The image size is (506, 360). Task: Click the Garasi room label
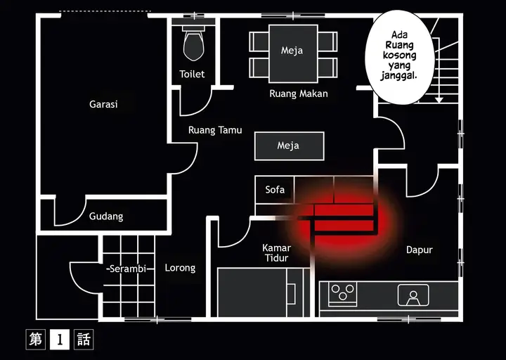click(103, 104)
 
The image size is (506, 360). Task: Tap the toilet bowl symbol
click(192, 46)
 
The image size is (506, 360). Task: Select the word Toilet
click(192, 74)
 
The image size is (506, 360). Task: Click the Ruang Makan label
click(299, 94)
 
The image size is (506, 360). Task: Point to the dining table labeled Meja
click(292, 51)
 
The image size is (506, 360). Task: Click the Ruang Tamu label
click(215, 130)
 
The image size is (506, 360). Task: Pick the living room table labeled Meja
click(288, 146)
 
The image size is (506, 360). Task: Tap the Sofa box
click(275, 190)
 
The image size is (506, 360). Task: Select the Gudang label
click(106, 217)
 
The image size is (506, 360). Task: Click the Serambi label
click(125, 269)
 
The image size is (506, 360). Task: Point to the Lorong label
click(180, 268)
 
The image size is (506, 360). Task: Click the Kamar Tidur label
click(276, 253)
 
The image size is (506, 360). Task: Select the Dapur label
click(420, 250)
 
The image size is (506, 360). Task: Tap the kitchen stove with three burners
click(342, 292)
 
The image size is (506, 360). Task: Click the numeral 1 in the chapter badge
click(60, 340)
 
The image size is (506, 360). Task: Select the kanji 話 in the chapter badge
click(83, 340)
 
